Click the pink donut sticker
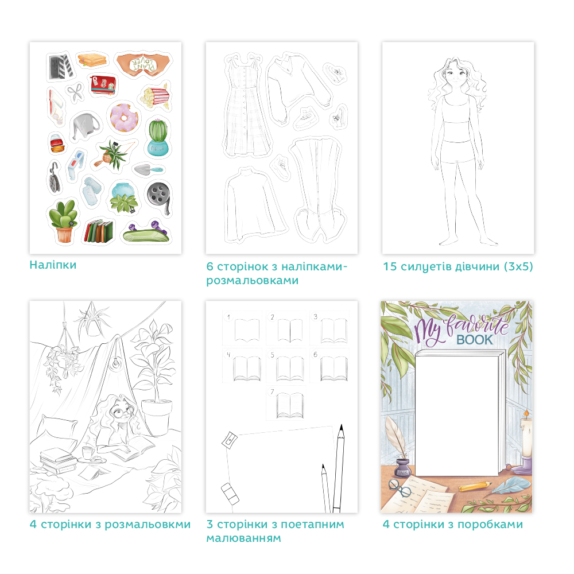[123, 117]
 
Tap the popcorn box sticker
[155, 96]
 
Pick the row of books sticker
[99, 231]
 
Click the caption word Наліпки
[53, 265]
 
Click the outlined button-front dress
[246, 106]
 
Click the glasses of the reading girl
[122, 413]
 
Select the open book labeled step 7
[290, 405]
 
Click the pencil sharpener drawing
[230, 439]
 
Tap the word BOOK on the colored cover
[475, 340]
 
